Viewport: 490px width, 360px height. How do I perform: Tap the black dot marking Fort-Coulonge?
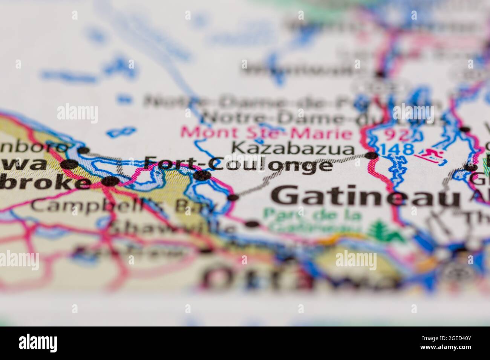(202, 175)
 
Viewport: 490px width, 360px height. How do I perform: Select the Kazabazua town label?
(293, 148)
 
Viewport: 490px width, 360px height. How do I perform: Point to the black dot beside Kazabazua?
(372, 155)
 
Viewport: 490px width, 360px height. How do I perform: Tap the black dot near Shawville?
(252, 225)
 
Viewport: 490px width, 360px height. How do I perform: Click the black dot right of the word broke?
(110, 181)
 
